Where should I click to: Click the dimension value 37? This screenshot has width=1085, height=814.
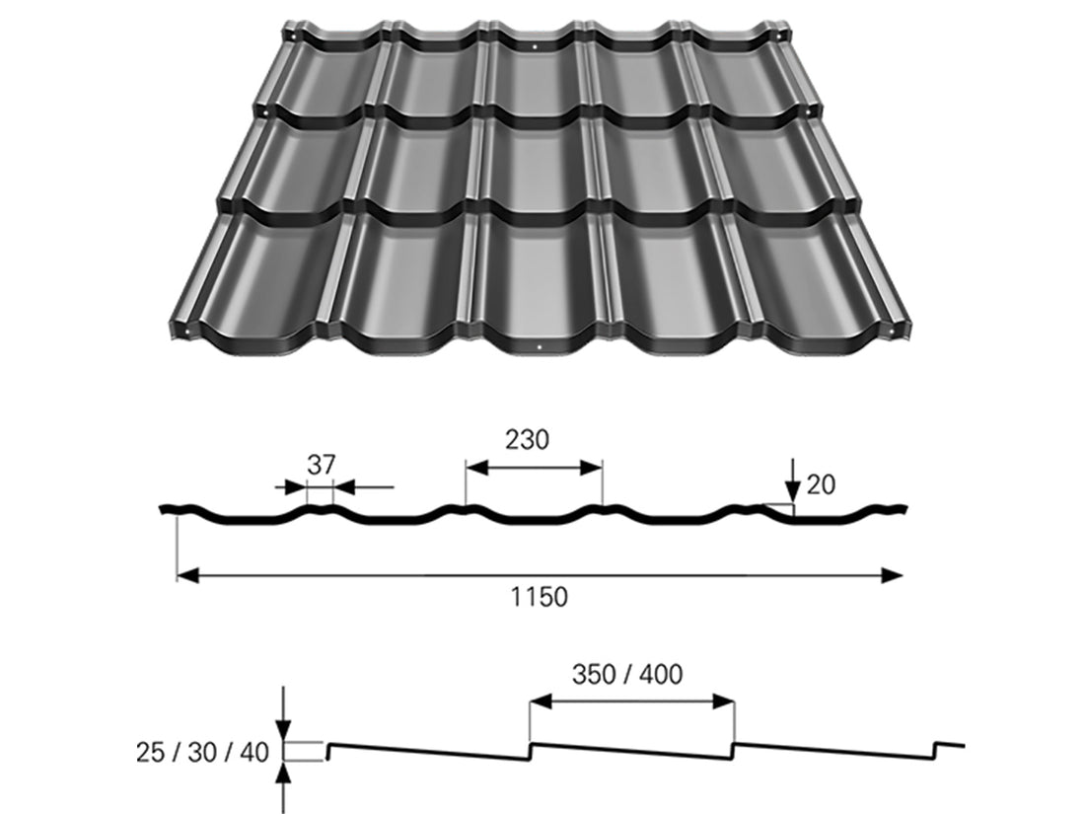pos(321,466)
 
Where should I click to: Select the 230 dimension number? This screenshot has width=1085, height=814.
pos(528,440)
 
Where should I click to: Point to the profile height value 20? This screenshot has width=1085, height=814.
pos(821,484)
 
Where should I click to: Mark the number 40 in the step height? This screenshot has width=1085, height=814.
pos(253,753)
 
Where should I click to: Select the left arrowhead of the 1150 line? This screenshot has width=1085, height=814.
pos(185,575)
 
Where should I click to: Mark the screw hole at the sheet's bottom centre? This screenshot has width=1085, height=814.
pos(541,347)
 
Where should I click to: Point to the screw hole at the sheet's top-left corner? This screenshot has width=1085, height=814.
pos(292,37)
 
